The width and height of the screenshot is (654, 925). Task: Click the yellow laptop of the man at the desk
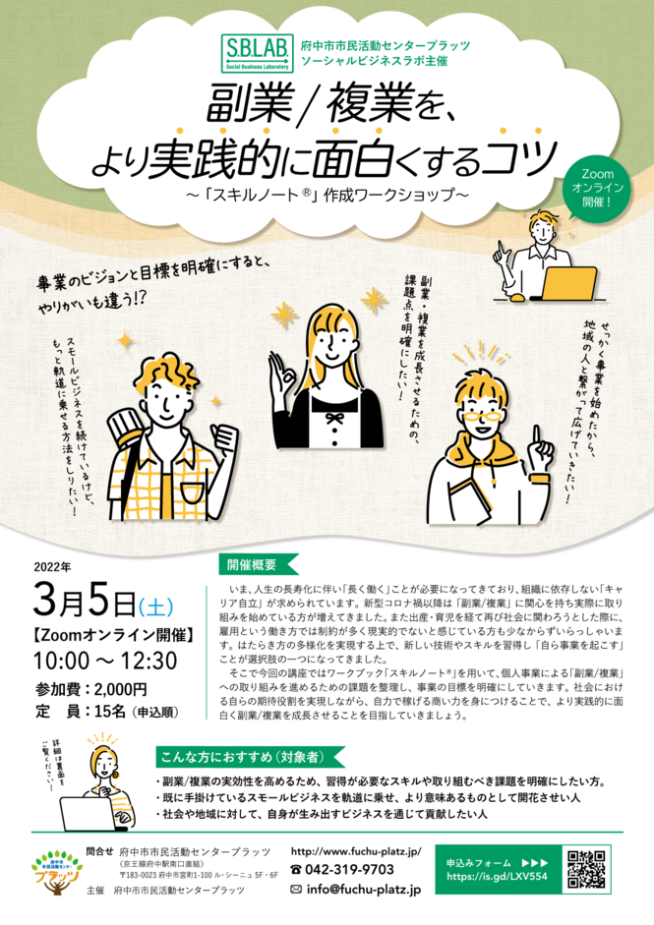click(x=568, y=283)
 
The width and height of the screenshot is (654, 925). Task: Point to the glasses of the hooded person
click(x=483, y=417)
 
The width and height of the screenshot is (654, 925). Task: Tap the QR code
click(x=586, y=869)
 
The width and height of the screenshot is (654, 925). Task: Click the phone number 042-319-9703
click(x=342, y=870)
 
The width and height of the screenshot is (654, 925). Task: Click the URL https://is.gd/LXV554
click(x=497, y=877)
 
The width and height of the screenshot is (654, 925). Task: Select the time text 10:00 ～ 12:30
click(x=105, y=661)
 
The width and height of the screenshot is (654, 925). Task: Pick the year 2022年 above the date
click(x=52, y=568)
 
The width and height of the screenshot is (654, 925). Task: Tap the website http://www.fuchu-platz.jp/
click(x=356, y=852)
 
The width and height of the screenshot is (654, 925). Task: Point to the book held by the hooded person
click(x=471, y=501)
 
